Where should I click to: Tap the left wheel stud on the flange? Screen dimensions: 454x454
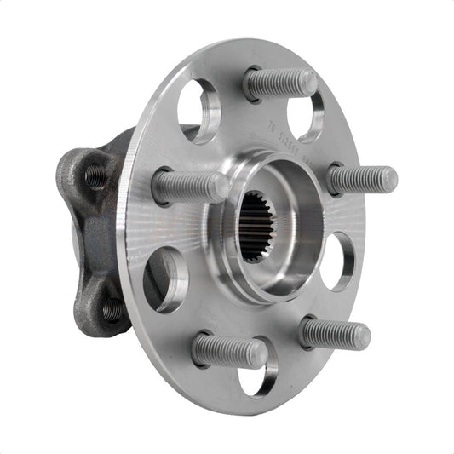189,186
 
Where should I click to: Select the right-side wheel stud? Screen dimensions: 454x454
361,180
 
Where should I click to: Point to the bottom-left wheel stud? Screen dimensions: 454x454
227,350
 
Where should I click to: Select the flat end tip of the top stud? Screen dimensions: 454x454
308,82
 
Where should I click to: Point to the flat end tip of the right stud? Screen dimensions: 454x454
388,180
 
